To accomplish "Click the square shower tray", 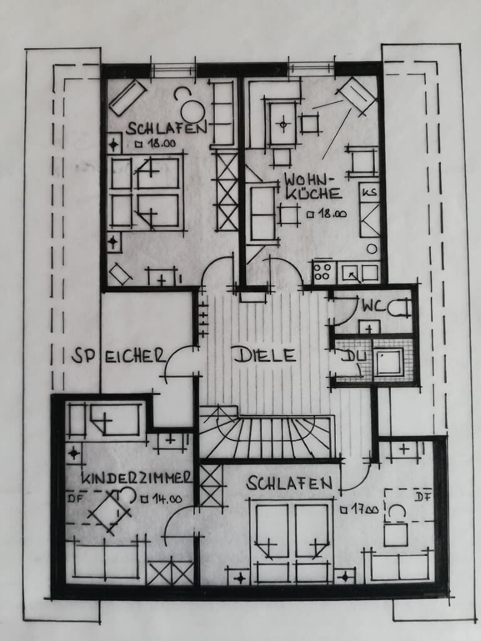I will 388,363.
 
